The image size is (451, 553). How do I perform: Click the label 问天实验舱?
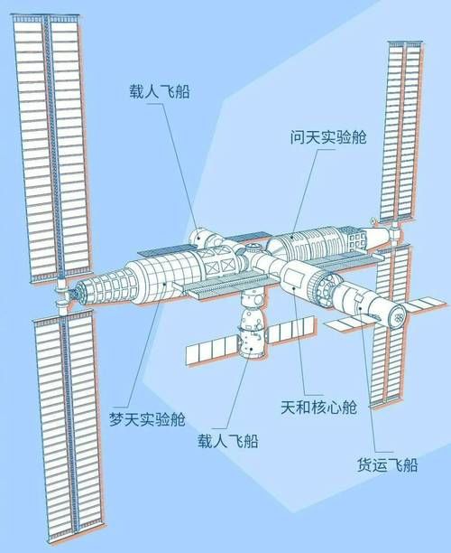tap(328, 136)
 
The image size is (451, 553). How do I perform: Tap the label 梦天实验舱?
tap(147, 419)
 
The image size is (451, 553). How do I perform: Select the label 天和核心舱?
tap(319, 408)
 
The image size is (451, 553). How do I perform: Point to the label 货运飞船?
tap(388, 464)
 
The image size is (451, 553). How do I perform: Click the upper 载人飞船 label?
tap(160, 91)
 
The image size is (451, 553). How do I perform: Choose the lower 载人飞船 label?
tap(228, 441)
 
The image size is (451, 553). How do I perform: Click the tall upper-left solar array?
tap(52, 148)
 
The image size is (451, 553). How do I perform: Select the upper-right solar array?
tap(401, 131)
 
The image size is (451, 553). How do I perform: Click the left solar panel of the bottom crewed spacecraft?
tap(212, 349)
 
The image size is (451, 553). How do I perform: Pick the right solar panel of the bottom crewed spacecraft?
tap(290, 330)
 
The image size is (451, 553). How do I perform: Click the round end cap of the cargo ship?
tap(397, 315)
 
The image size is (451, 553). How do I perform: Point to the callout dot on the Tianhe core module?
tap(294, 288)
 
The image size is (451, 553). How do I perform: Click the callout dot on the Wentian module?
tap(292, 236)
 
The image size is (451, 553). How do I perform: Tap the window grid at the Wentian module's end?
tap(356, 240)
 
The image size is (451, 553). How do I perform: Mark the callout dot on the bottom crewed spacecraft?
tap(251, 349)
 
